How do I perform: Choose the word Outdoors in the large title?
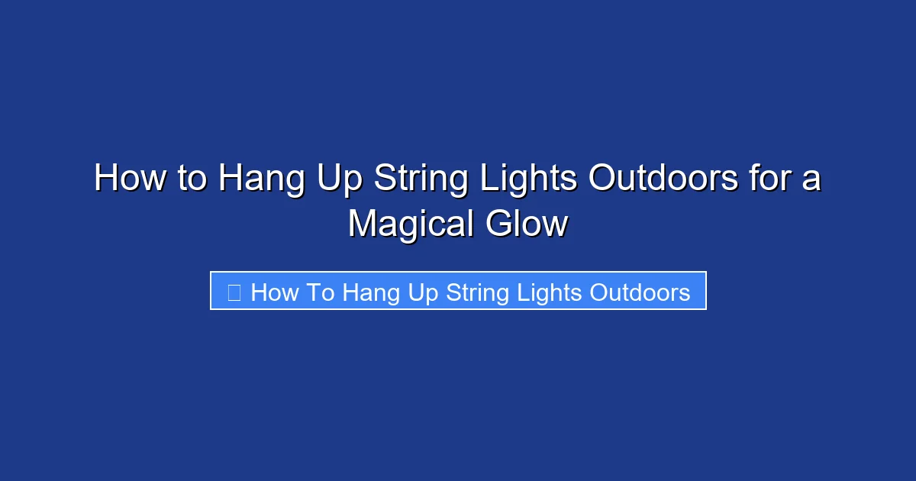pyautogui.click(x=663, y=179)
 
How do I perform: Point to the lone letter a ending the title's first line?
pyautogui.click(x=811, y=182)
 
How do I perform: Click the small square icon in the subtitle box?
pyautogui.click(x=234, y=292)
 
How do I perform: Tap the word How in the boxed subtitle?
pyautogui.click(x=274, y=292)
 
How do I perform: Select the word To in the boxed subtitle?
pyautogui.click(x=321, y=292)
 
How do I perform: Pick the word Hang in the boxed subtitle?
pyautogui.click(x=371, y=293)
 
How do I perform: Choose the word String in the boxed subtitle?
pyautogui.click(x=478, y=293)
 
